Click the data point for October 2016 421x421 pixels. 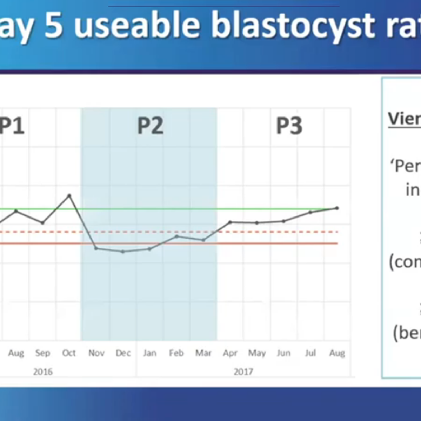tap(69, 195)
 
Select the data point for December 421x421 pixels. tap(123, 252)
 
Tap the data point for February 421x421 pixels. tap(177, 236)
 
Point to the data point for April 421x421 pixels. tap(230, 222)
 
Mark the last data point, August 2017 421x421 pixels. tap(337, 208)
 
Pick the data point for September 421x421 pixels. tap(42, 223)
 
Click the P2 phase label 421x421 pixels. tap(150, 126)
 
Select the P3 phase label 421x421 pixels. tap(289, 126)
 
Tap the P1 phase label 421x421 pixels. tap(12, 126)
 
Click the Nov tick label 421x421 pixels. tap(96, 353)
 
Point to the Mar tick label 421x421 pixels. tap(203, 353)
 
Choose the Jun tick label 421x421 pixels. tap(283, 353)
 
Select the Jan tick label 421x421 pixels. tap(150, 353)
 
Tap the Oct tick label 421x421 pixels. tap(69, 353)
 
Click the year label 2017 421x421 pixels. tap(243, 372)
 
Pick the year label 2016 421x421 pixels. tap(43, 372)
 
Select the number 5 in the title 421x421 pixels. tap(53, 26)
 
